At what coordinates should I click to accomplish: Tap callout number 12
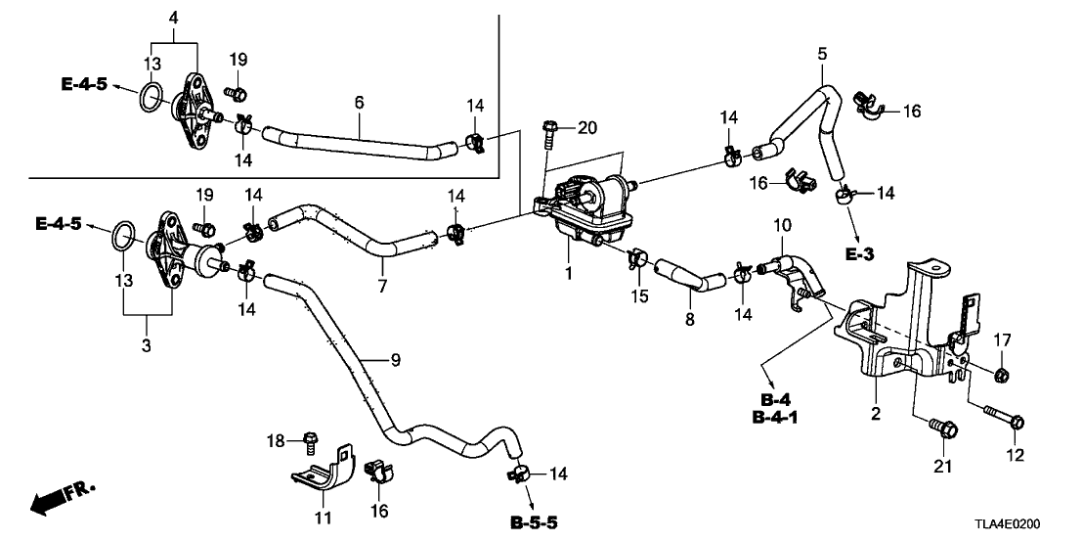(1016, 455)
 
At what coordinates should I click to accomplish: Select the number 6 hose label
(359, 102)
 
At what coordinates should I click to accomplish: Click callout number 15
(639, 294)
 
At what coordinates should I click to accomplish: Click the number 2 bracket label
(876, 414)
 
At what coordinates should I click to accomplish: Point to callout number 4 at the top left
(173, 19)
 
